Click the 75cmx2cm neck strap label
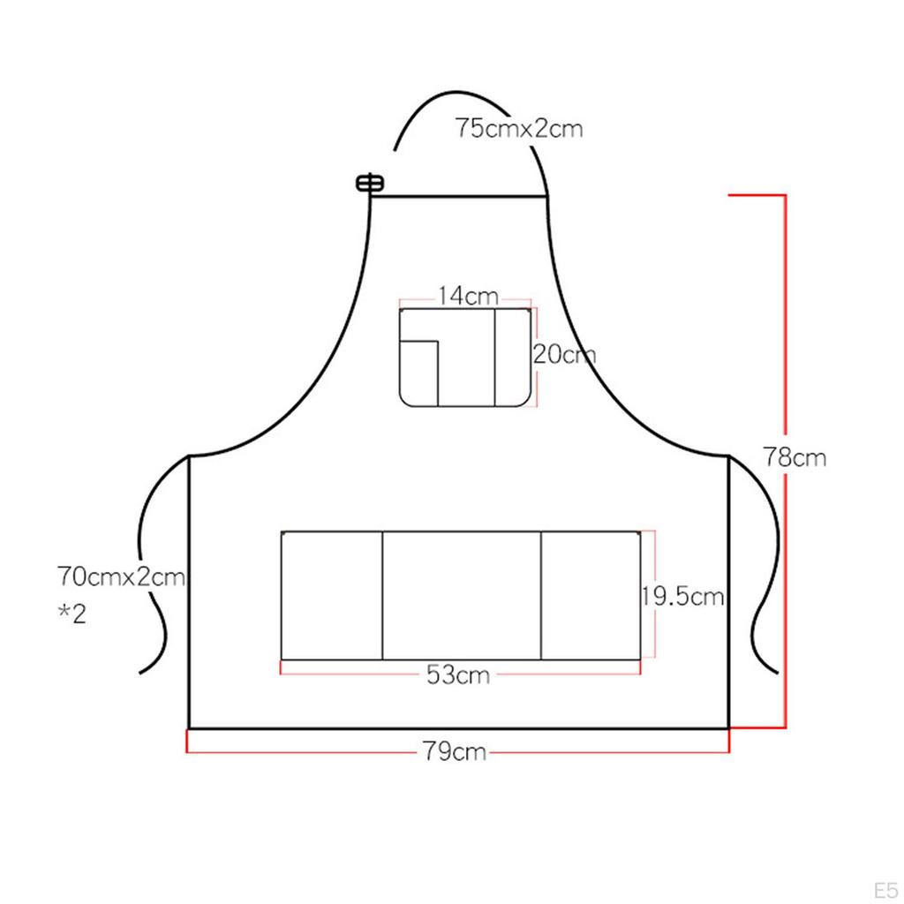tap(519, 128)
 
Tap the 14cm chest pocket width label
tap(468, 297)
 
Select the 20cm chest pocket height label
tap(564, 354)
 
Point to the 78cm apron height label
tap(795, 457)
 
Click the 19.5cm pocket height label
tap(683, 596)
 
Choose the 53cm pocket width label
tap(458, 674)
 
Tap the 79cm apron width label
tap(455, 751)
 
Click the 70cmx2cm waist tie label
tap(121, 576)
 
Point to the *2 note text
tap(72, 614)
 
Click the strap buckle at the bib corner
tap(370, 184)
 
